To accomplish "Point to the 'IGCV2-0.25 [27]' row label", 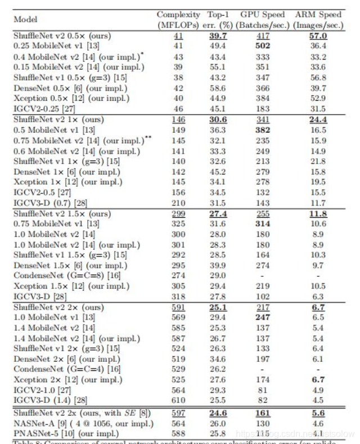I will tap(43, 109).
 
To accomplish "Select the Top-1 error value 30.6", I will tap(220, 120).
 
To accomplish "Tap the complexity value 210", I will tap(178, 203).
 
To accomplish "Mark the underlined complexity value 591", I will tap(178, 308).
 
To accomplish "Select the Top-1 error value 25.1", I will tap(220, 308).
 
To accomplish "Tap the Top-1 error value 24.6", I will tap(220, 413).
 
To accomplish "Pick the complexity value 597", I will tap(178, 413).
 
